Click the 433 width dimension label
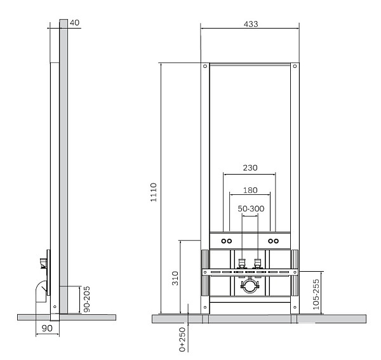pyautogui.click(x=251, y=24)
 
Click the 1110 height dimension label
pyautogui.click(x=154, y=192)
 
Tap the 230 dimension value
pyautogui.click(x=250, y=168)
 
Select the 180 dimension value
pyautogui.click(x=250, y=190)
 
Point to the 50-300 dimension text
pyautogui.click(x=251, y=209)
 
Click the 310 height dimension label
pyautogui.click(x=175, y=278)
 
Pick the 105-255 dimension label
pyautogui.click(x=316, y=295)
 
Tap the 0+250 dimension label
pyautogui.click(x=182, y=339)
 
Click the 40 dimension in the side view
pyautogui.click(x=74, y=23)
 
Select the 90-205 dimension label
pyautogui.click(x=87, y=299)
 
